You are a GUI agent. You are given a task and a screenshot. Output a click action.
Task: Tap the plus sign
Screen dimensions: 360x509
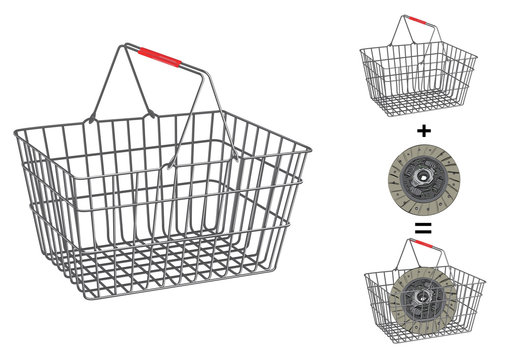422,130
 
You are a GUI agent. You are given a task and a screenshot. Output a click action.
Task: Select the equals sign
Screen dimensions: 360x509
422,229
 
